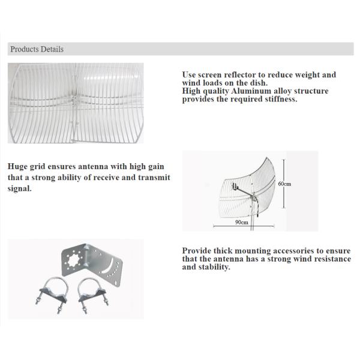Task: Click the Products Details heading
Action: click(x=37, y=49)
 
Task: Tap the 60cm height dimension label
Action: click(x=284, y=184)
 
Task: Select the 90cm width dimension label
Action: click(x=242, y=222)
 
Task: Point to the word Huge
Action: click(x=17, y=167)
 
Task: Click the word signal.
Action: click(x=20, y=189)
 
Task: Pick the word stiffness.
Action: click(x=281, y=99)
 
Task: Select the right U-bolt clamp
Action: click(x=92, y=295)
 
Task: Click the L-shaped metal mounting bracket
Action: click(x=92, y=263)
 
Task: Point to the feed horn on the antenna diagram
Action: click(x=235, y=186)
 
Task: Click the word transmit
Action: click(x=154, y=178)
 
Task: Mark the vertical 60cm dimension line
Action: click(x=284, y=184)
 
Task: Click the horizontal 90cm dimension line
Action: click(x=244, y=226)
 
